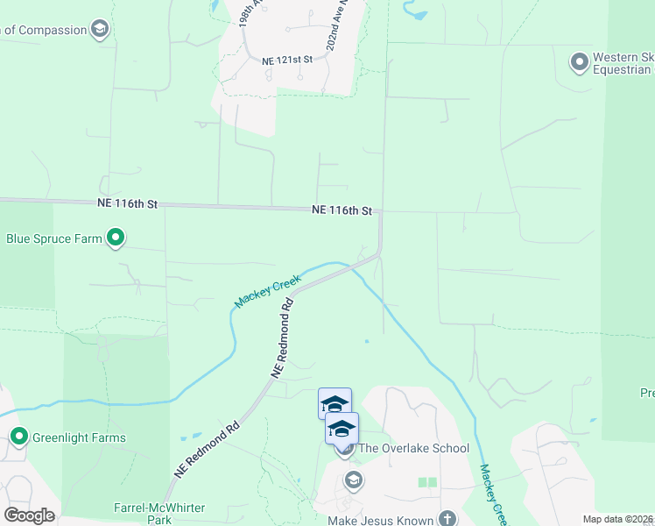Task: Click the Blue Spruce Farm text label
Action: pos(54,238)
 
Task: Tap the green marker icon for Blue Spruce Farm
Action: pos(115,238)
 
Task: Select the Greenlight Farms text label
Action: pos(79,437)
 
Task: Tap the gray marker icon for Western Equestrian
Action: pos(578,62)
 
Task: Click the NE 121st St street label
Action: pos(287,60)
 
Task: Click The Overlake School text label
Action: pos(413,448)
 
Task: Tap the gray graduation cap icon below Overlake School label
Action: pos(353,479)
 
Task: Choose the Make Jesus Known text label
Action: pos(381,521)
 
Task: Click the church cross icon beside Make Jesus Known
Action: pos(447,518)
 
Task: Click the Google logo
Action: pos(29,515)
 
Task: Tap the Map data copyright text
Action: pos(618,519)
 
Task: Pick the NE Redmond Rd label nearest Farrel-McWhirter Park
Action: pos(208,451)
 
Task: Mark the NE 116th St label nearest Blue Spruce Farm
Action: pos(127,203)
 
